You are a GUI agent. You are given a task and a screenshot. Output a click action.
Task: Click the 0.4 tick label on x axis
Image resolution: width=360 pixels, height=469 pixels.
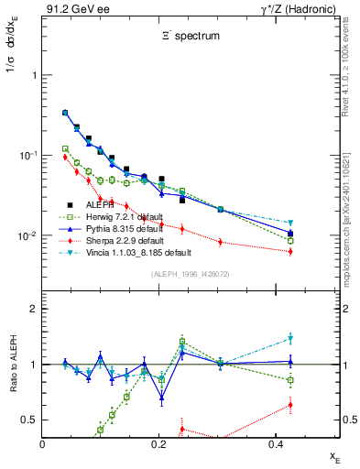[x=274, y=443]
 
